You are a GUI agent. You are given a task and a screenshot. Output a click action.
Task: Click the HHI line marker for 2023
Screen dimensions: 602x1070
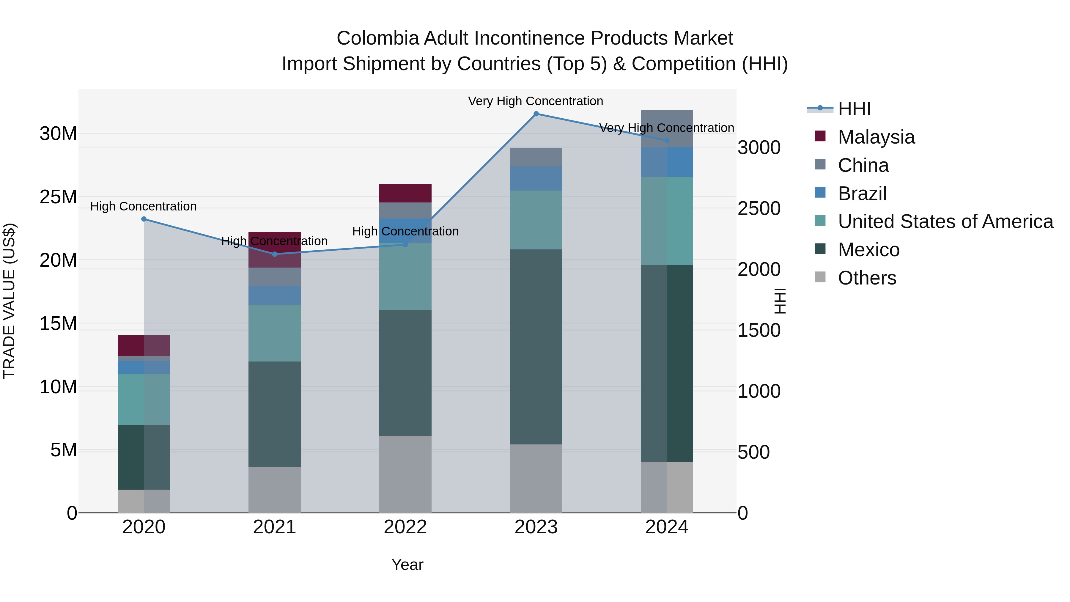[536, 114]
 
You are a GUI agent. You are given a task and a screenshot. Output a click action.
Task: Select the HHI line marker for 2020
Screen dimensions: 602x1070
[144, 219]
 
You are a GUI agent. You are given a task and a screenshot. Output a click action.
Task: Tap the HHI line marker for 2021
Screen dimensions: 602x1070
[275, 254]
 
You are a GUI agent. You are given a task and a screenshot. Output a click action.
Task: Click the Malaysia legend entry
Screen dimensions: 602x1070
[876, 137]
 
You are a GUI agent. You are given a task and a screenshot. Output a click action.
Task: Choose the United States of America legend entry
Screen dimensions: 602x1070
[945, 221]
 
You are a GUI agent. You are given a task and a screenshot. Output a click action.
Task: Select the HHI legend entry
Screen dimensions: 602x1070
[854, 109]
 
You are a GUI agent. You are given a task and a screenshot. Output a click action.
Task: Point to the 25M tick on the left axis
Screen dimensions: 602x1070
[58, 197]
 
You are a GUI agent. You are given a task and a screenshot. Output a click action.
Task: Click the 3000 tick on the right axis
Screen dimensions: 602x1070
[759, 147]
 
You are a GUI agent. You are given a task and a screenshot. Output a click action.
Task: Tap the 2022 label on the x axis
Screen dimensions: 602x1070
[405, 527]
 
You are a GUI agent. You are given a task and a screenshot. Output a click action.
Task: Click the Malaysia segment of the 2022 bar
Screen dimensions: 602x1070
[405, 193]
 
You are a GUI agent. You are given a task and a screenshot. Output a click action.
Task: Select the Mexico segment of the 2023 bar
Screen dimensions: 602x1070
[536, 347]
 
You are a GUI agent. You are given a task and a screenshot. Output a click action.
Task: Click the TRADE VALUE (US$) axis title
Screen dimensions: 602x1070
[9, 301]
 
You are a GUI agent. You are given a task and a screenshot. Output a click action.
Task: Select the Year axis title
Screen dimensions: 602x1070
[407, 565]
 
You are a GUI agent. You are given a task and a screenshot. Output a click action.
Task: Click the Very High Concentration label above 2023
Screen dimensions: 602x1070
[535, 101]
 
